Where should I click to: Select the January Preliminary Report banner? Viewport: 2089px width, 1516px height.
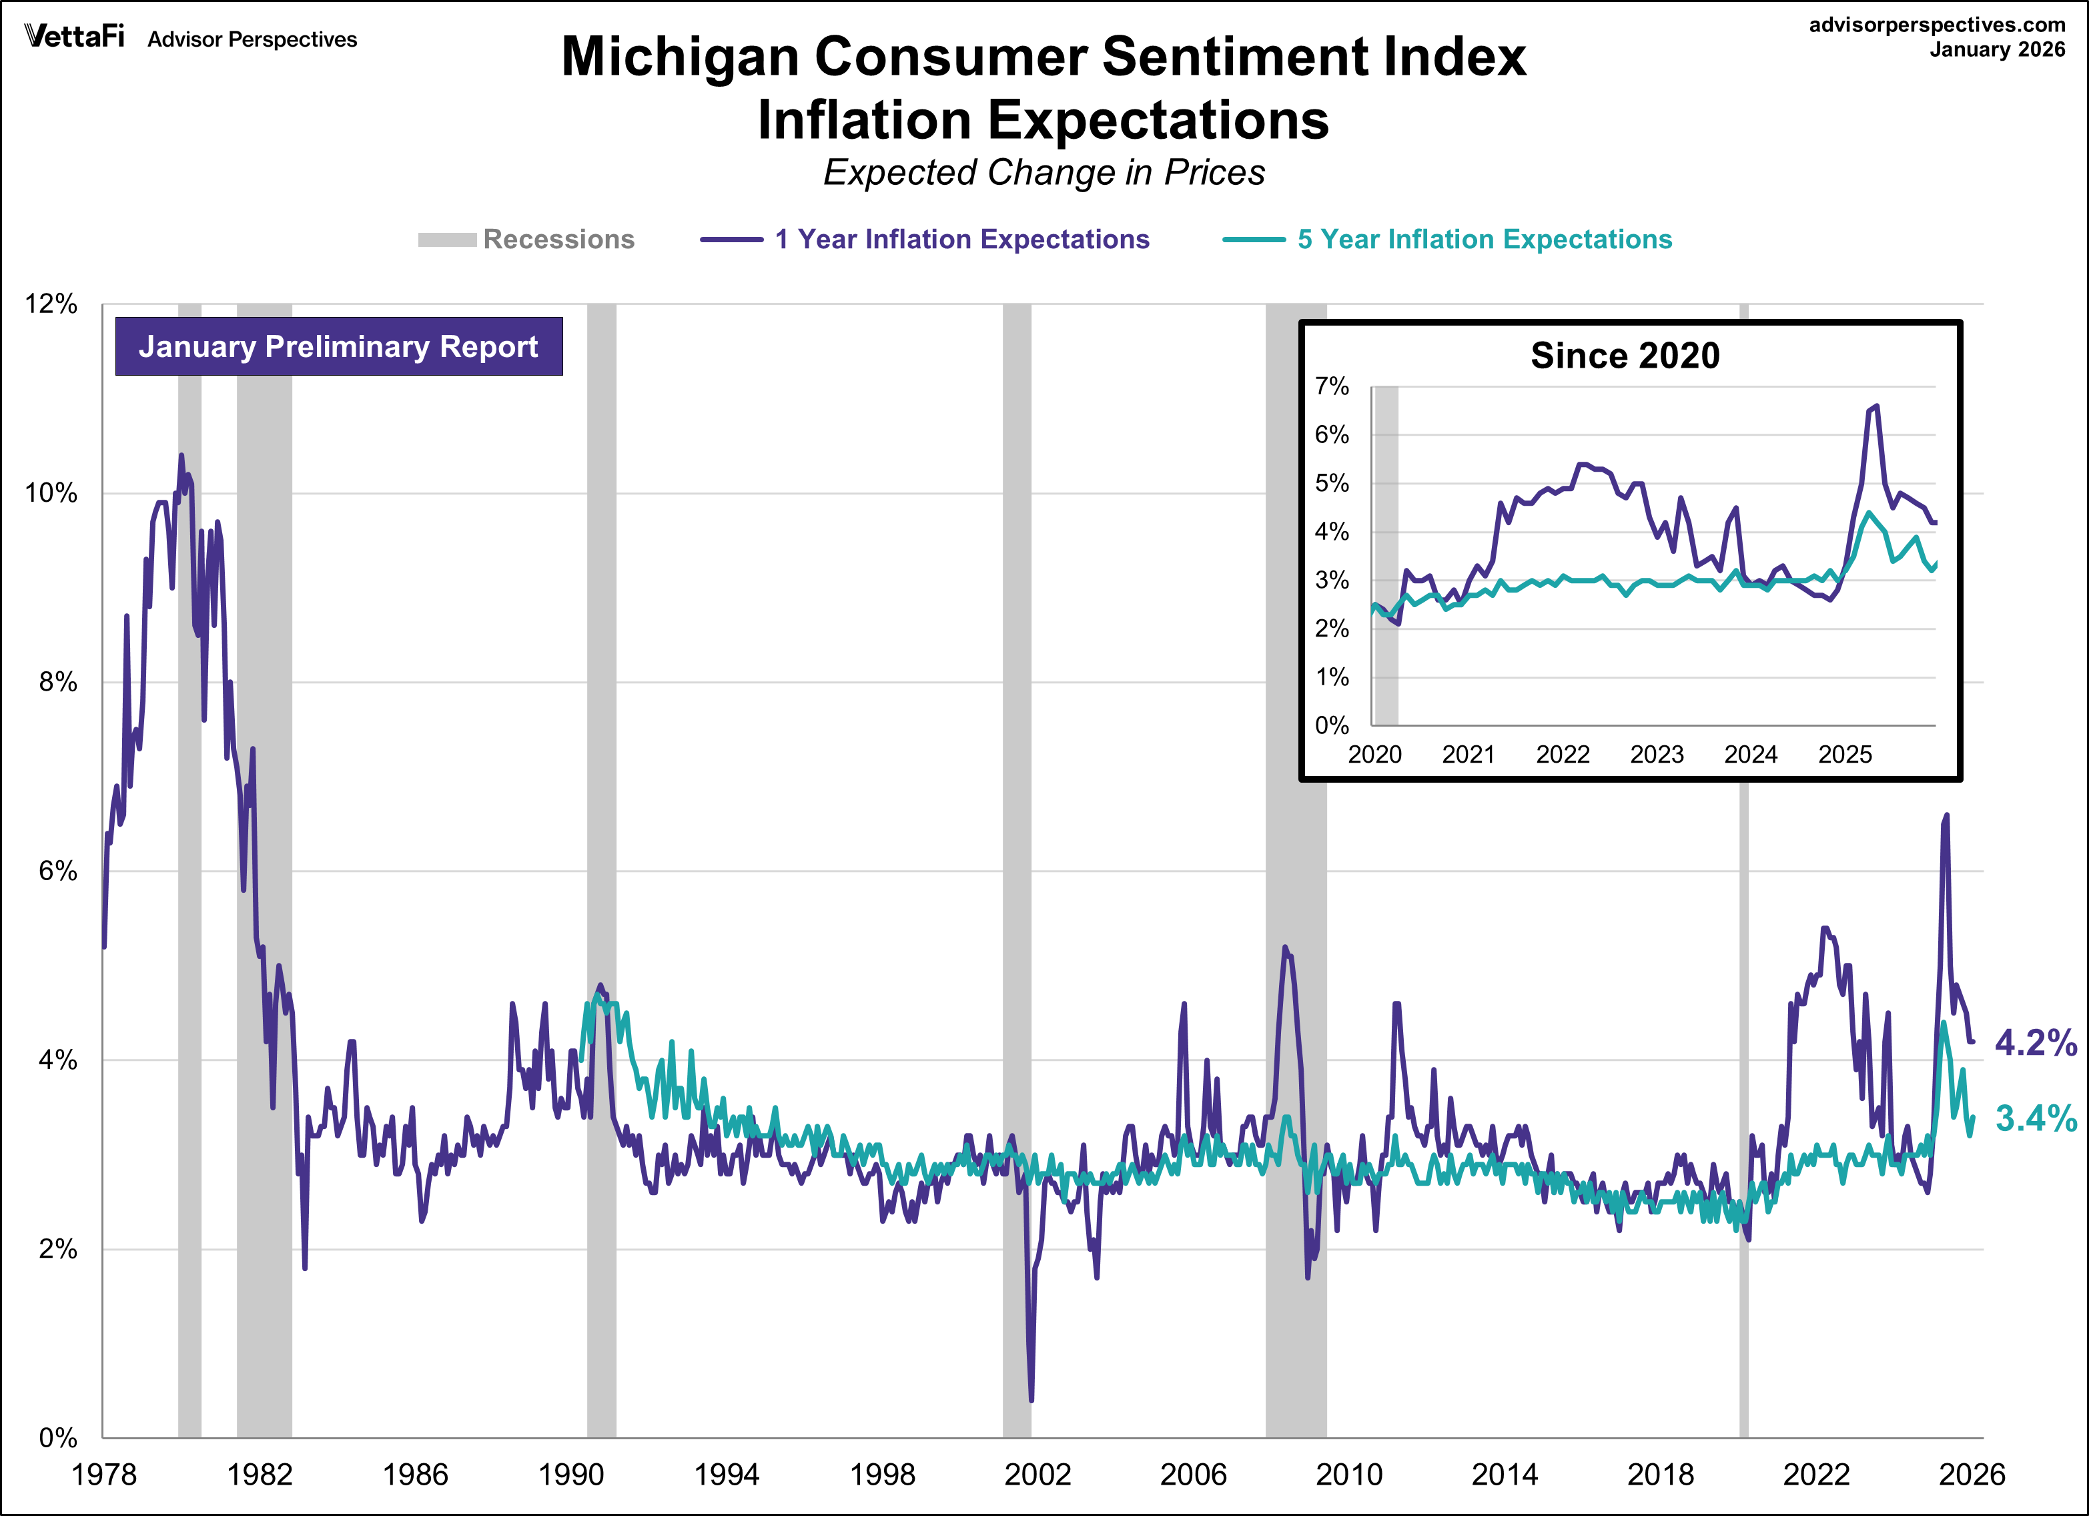(x=338, y=346)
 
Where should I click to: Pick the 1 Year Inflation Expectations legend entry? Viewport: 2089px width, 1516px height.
(x=925, y=240)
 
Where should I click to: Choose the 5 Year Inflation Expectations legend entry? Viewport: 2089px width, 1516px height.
(x=1447, y=240)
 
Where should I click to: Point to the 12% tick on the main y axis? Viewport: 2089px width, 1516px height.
(x=51, y=304)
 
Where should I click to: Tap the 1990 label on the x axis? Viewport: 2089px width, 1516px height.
(x=570, y=1475)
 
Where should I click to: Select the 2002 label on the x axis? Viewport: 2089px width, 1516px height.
(x=1037, y=1475)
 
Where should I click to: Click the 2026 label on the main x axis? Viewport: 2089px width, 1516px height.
(x=1971, y=1475)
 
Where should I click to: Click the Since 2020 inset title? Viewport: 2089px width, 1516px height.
(x=1625, y=356)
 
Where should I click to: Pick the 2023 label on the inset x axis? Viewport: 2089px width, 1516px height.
(x=1656, y=754)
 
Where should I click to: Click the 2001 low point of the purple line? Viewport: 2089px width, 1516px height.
(x=1031, y=1400)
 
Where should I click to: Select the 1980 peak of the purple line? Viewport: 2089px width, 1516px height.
(x=181, y=455)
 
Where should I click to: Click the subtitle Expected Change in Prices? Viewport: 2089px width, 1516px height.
(x=1043, y=172)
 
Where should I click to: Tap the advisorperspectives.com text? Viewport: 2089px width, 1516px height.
(x=1937, y=25)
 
